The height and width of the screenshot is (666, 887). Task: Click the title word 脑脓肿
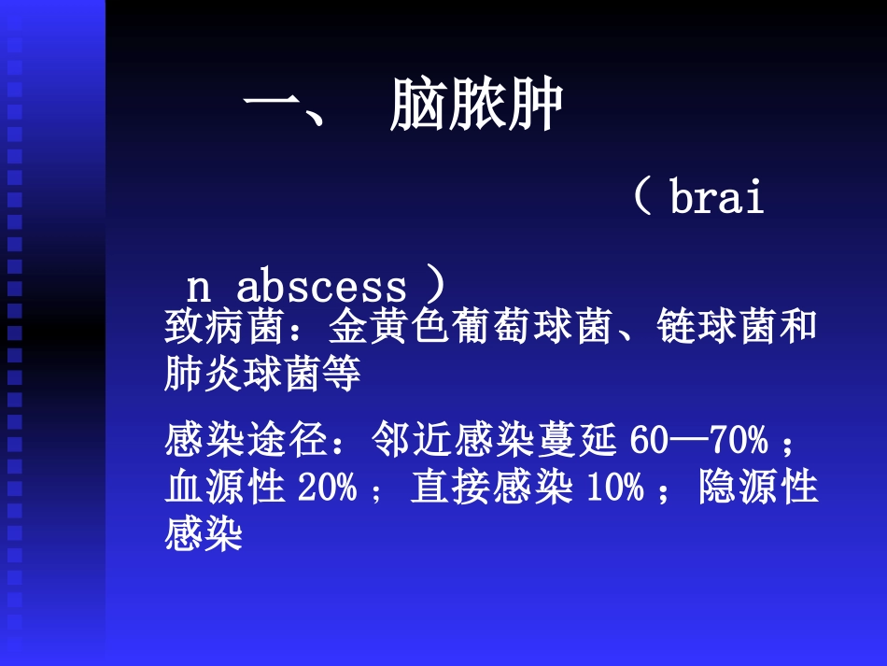pyautogui.click(x=475, y=106)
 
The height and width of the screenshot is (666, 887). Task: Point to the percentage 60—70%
pyautogui.click(x=698, y=439)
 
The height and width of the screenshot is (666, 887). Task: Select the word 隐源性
pyautogui.click(x=758, y=488)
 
